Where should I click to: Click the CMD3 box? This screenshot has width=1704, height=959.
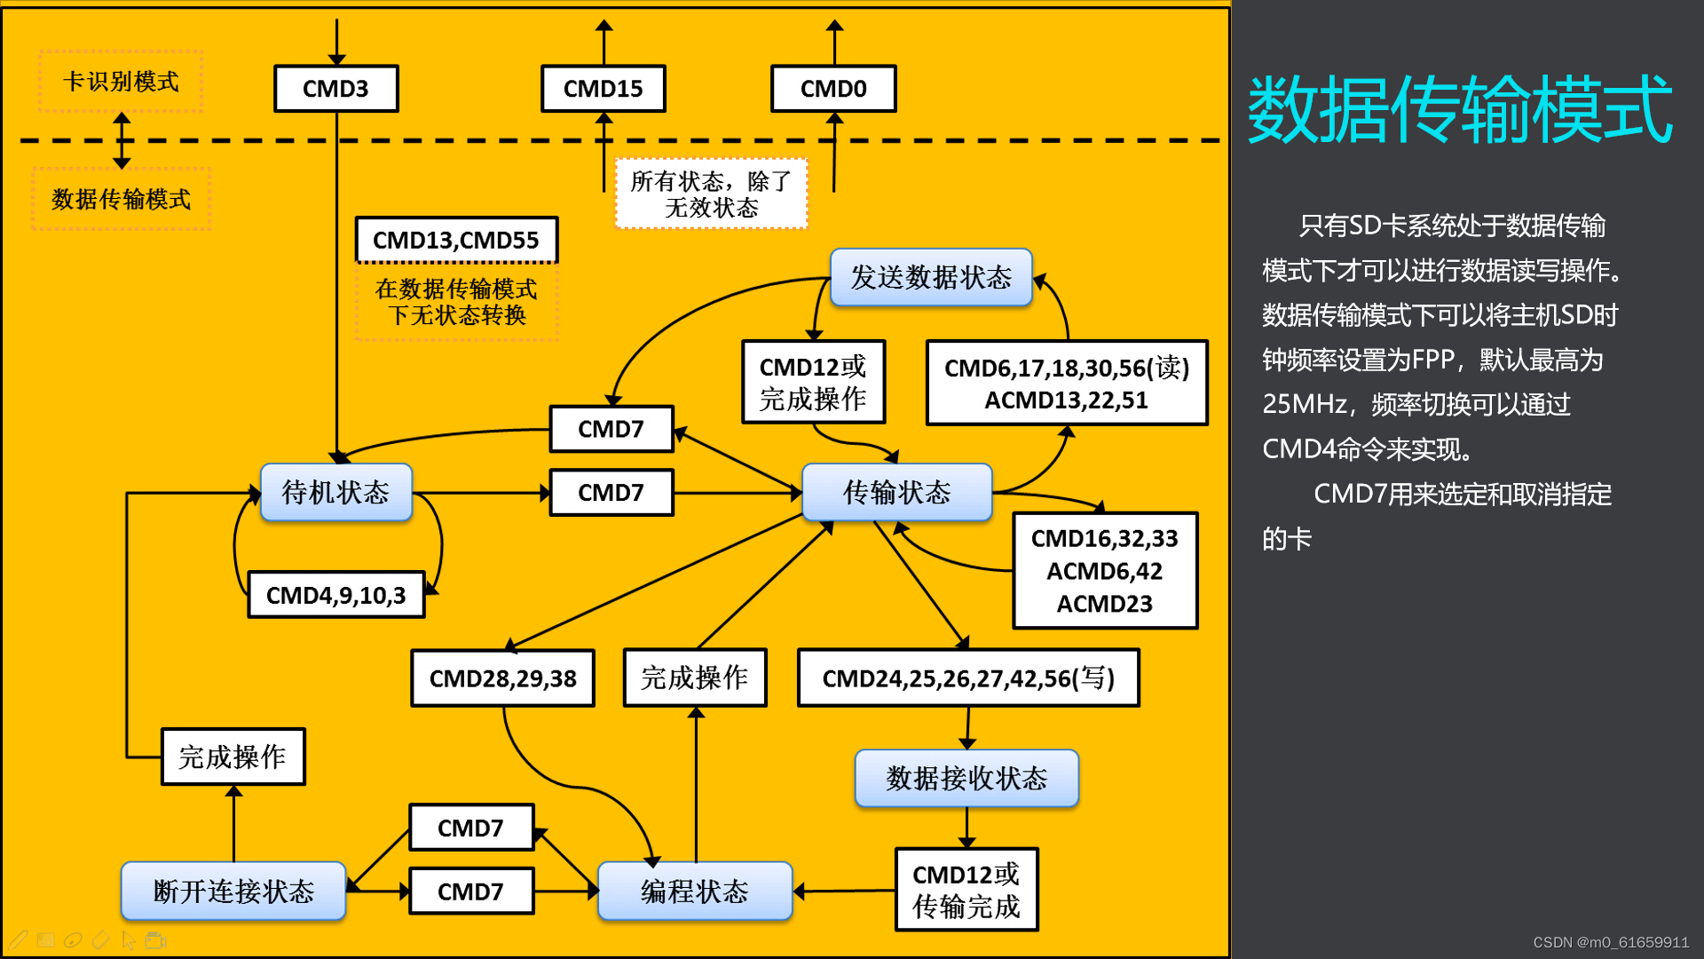click(335, 89)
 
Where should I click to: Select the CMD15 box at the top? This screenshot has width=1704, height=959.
click(603, 89)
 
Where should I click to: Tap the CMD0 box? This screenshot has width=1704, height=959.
click(833, 89)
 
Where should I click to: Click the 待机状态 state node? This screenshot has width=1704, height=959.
click(335, 492)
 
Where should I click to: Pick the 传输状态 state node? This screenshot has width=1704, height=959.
click(896, 492)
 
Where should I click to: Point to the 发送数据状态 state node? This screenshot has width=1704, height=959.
click(931, 277)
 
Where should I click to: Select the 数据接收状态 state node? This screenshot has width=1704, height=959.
click(966, 779)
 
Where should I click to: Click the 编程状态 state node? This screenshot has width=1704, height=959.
click(695, 891)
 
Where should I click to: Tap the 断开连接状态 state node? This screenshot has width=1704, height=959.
click(233, 891)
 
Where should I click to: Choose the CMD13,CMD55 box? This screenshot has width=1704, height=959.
click(456, 240)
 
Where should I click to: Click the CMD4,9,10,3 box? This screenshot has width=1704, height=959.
click(335, 595)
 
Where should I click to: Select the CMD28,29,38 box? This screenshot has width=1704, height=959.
click(502, 678)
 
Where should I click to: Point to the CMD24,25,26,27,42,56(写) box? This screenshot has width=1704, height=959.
click(968, 678)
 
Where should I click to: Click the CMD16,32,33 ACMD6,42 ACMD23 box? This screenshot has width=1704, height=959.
click(1105, 571)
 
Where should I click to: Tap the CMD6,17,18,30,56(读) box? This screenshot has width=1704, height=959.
click(1067, 384)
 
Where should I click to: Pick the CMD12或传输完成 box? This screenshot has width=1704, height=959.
click(966, 890)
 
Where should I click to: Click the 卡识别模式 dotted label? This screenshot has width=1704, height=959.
click(121, 82)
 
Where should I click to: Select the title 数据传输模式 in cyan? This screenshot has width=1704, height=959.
click(1460, 110)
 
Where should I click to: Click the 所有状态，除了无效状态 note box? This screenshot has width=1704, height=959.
click(712, 194)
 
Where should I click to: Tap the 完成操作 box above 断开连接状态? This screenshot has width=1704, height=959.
click(233, 757)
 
